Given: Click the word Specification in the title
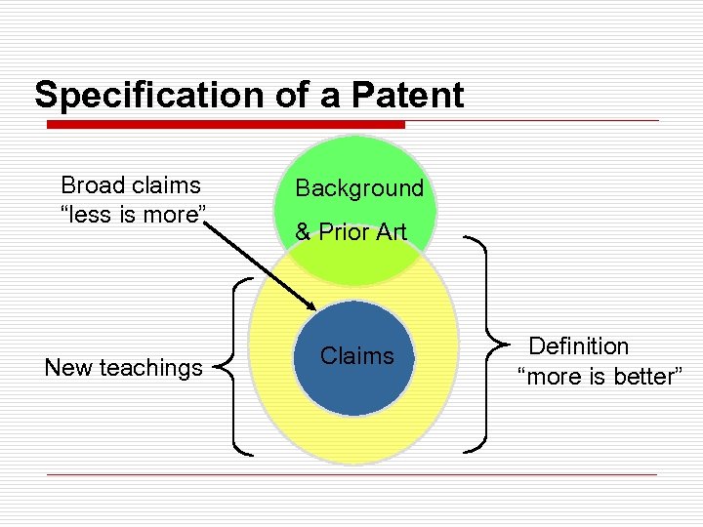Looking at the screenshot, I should pyautogui.click(x=136, y=96).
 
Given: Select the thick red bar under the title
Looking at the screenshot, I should pyautogui.click(x=226, y=125).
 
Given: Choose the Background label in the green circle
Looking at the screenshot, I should pyautogui.click(x=359, y=188).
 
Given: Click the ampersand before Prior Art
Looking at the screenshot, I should pyautogui.click(x=303, y=232).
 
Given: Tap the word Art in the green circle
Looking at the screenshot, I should pyautogui.click(x=389, y=232).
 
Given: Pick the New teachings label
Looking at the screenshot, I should pyautogui.click(x=124, y=368).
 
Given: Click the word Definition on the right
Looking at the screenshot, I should pyautogui.click(x=579, y=346).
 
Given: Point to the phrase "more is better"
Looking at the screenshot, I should pyautogui.click(x=599, y=377).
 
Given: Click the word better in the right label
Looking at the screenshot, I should pyautogui.click(x=641, y=377).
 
